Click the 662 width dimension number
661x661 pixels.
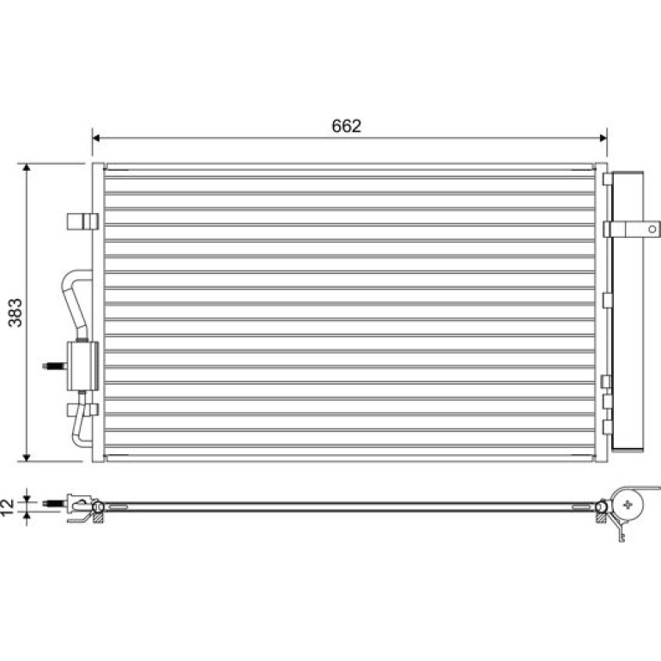click(x=346, y=126)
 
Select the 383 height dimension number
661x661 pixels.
click(x=15, y=312)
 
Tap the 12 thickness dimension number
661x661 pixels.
click(x=8, y=507)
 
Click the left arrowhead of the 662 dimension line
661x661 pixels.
click(x=95, y=138)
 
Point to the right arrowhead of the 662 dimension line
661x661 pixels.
click(x=603, y=138)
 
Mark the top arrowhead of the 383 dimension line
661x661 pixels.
click(x=27, y=167)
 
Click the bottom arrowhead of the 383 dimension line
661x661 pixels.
click(x=27, y=458)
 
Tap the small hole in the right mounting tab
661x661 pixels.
click(x=652, y=229)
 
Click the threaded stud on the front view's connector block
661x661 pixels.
click(x=55, y=366)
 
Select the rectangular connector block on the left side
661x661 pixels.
click(x=82, y=366)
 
